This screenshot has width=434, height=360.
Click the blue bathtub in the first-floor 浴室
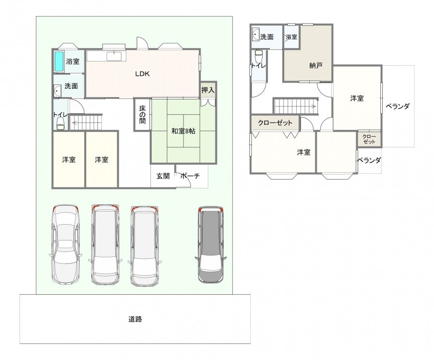pyautogui.click(x=59, y=61)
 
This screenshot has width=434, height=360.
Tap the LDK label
pyautogui.click(x=142, y=73)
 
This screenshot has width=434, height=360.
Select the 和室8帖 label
pyautogui.click(x=183, y=131)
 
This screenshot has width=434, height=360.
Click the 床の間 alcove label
pyautogui.click(x=142, y=115)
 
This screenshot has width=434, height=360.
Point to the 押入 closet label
pyautogui.click(x=207, y=90)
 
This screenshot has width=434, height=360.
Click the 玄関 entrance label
pyautogui.click(x=163, y=176)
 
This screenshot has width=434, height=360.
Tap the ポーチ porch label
pyautogui.click(x=190, y=176)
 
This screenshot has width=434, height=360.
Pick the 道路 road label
pyautogui.click(x=135, y=319)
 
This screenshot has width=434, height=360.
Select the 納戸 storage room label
pyautogui.click(x=316, y=66)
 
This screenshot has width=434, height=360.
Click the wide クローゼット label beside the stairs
pyautogui.click(x=275, y=122)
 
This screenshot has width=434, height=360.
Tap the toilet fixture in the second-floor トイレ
pyautogui.click(x=258, y=57)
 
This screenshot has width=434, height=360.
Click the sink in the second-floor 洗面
pyautogui.click(x=255, y=35)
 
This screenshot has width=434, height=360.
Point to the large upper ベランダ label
pyautogui.click(x=397, y=106)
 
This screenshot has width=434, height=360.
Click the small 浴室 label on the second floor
pyautogui.click(x=291, y=36)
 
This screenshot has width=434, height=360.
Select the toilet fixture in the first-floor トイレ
pyautogui.click(x=60, y=123)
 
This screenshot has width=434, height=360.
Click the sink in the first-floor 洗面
pyautogui.click(x=58, y=91)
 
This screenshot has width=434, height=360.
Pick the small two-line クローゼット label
pyautogui.click(x=369, y=139)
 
